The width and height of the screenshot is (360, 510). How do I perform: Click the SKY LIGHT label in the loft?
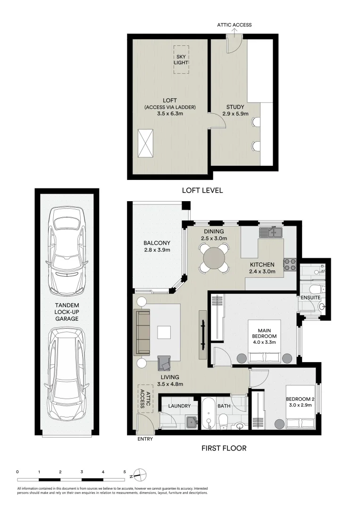coord(181,59)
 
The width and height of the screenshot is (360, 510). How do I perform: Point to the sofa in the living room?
coord(142,332)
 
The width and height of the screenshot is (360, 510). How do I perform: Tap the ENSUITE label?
coord(310,298)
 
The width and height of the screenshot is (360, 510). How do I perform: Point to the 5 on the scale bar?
coord(125,471)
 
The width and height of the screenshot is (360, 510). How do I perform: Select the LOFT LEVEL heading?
coord(202,191)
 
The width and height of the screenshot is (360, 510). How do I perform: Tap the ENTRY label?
coord(144,439)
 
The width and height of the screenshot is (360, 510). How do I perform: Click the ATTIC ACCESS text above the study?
coord(234,25)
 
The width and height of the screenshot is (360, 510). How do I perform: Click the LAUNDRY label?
coord(179,406)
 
